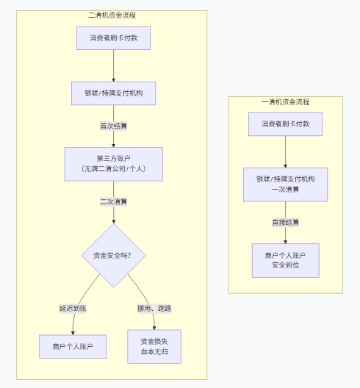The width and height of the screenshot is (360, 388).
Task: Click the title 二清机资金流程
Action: pos(112,15)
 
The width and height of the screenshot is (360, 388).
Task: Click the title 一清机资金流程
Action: pos(285,101)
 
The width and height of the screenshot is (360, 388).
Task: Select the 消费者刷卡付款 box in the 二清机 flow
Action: pos(114,38)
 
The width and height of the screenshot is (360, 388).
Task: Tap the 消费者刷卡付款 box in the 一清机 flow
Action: pos(285,124)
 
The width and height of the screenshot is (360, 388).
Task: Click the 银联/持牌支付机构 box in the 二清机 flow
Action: pos(114,93)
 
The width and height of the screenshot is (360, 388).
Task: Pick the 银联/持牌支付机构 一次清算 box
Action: pos(285,184)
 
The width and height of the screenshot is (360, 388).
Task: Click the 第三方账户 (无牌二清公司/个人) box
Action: pos(114,164)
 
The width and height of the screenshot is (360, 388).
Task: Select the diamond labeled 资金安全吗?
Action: pos(114,256)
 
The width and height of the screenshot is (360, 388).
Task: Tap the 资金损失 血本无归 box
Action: pos(154,346)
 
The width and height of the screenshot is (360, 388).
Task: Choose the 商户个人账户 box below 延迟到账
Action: pos(73,346)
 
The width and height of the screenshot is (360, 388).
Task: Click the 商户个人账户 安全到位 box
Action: pos(285,260)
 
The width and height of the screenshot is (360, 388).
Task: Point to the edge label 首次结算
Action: pos(114,126)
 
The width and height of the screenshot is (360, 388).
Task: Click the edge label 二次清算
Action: pos(114,202)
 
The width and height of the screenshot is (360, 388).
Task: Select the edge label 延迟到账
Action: pos(73,309)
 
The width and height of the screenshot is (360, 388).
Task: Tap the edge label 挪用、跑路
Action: pos(154,309)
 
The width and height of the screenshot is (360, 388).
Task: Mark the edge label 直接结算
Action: pos(285,223)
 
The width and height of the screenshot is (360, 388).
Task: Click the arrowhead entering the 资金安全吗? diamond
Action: pos(114,221)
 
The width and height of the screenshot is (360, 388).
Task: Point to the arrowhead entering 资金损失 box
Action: pos(154,328)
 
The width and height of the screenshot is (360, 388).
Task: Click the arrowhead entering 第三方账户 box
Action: pos(114,145)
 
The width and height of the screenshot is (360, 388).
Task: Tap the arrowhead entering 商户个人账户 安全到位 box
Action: pos(285,242)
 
